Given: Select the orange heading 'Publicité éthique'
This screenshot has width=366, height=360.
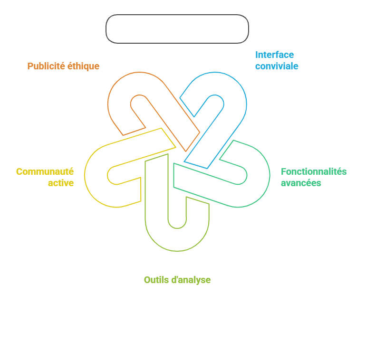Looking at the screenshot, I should tap(63, 66).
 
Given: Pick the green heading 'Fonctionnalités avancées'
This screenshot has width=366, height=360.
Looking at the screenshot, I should tap(314, 177).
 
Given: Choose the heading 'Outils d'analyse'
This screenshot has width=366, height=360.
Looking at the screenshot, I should tap(177, 280).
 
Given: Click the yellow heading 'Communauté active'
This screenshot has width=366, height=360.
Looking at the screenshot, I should tap(45, 177).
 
